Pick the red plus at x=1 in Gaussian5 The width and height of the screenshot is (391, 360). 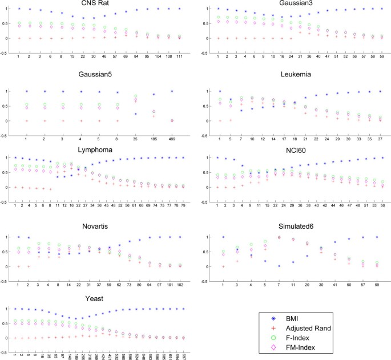pyautogui.click(x=26, y=121)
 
